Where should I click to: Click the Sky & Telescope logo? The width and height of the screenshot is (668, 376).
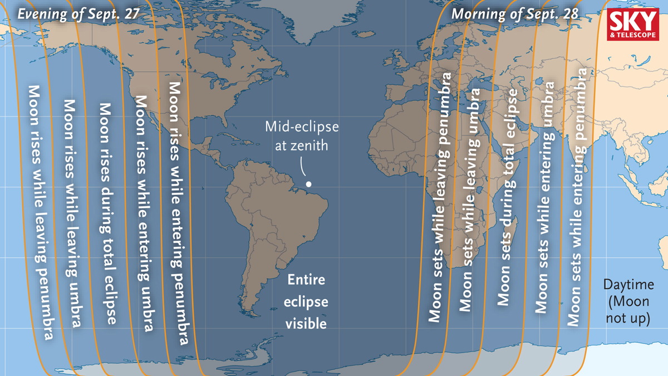pyautogui.click(x=633, y=25)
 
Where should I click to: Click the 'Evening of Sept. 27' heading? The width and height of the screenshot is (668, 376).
pyautogui.click(x=77, y=13)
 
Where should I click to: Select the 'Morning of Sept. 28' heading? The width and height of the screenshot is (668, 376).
pyautogui.click(x=515, y=13)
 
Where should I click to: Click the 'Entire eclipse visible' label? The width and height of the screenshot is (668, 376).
pyautogui.click(x=306, y=301)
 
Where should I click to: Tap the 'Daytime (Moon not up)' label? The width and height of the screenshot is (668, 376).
pyautogui.click(x=628, y=301)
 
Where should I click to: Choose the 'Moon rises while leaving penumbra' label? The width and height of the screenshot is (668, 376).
pyautogui.click(x=41, y=212)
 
